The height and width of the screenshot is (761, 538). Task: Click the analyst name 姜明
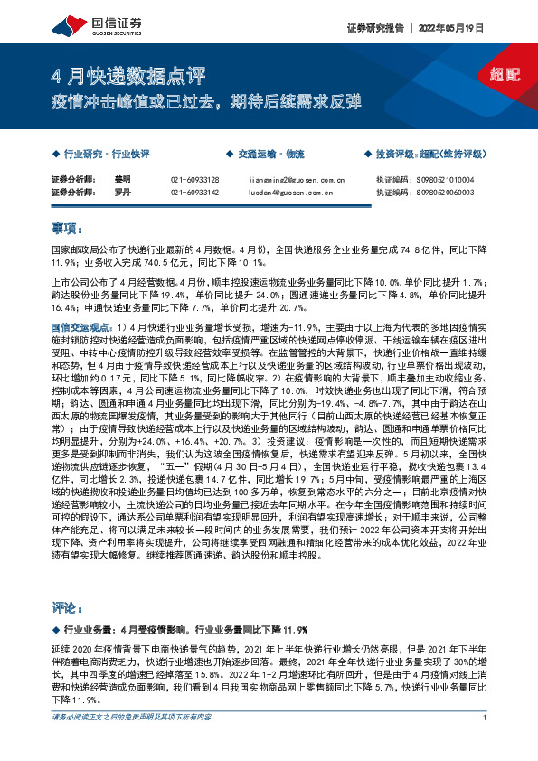pyautogui.click(x=122, y=180)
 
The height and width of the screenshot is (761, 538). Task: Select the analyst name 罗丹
pyautogui.click(x=122, y=193)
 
